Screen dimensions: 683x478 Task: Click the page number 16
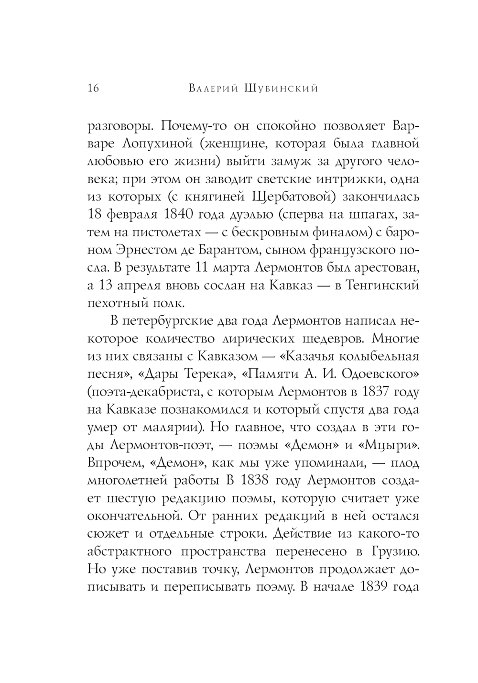(x=93, y=89)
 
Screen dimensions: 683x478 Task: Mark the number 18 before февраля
(x=97, y=217)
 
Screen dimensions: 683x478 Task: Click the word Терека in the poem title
(x=175, y=375)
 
